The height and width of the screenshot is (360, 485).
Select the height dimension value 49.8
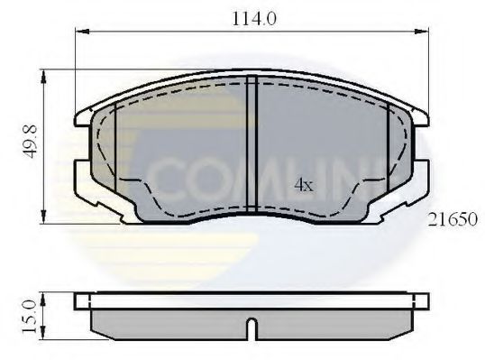30,145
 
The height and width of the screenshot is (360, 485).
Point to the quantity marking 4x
304,185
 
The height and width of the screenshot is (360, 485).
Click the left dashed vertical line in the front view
117,144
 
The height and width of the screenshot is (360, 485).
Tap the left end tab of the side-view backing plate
84,300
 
